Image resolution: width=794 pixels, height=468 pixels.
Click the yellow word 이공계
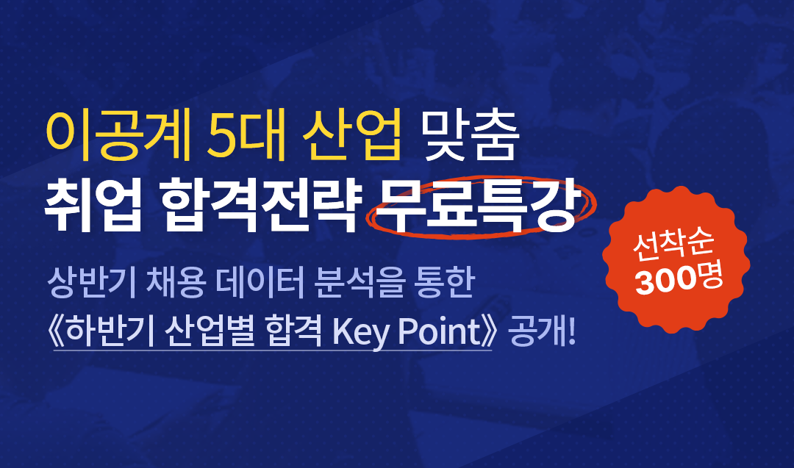pyautogui.click(x=118, y=135)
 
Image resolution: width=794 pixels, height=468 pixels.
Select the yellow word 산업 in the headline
pyautogui.click(x=351, y=135)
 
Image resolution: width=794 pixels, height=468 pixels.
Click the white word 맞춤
pyautogui.click(x=469, y=135)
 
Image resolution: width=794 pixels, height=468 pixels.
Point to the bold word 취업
pyautogui.click(x=93, y=205)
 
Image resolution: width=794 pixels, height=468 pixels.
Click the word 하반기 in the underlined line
pyautogui.click(x=110, y=331)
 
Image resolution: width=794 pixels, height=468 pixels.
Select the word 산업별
pyautogui.click(x=210, y=331)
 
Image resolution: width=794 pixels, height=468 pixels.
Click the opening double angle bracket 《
pyautogui.click(x=56, y=331)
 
